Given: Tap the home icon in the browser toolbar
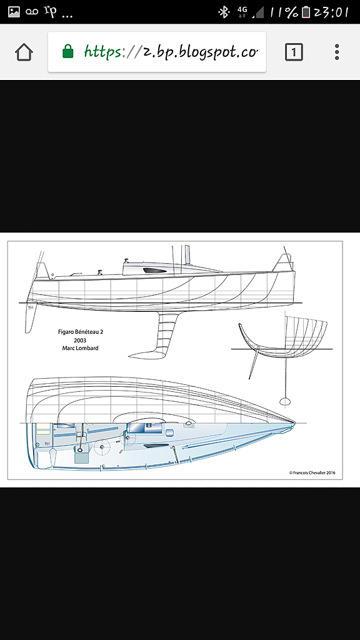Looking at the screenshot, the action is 24,52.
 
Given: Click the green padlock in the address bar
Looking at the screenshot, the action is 67,51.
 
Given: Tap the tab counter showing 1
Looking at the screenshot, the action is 294,52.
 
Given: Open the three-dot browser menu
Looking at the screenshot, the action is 337,52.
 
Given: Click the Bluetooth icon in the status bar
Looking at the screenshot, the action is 224,12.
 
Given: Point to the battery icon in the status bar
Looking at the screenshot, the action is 306,12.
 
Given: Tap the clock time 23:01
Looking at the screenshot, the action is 331,12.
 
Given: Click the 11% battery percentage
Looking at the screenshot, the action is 284,12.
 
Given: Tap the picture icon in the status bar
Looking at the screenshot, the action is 14,12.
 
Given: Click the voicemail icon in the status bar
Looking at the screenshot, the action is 32,12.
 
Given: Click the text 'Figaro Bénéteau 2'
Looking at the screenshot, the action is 81,332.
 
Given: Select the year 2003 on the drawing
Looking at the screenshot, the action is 80,340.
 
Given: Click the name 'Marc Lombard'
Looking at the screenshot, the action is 81,348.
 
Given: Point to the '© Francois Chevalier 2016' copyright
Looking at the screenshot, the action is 312,472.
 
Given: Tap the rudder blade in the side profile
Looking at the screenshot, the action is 31,318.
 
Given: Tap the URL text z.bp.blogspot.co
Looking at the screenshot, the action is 200,52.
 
